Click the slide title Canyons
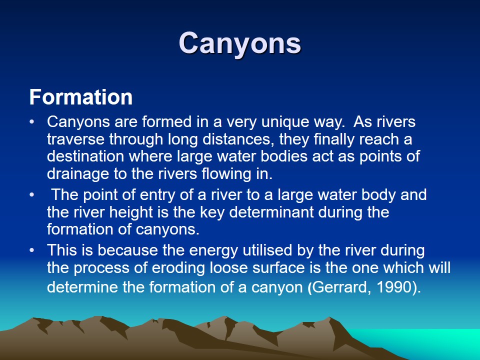coord(240,43)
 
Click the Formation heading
coord(81,97)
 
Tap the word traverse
coord(75,139)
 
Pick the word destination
coord(85,156)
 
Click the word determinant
coord(271,212)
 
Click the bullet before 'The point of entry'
coord(32,195)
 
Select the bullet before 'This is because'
coord(32,250)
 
